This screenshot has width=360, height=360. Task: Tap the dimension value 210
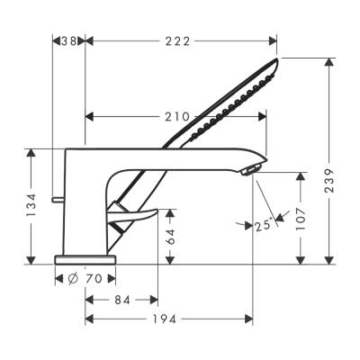(x=177, y=116)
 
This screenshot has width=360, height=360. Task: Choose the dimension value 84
(x=122, y=299)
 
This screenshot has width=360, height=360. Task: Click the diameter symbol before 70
(x=72, y=279)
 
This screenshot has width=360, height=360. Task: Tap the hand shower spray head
(x=234, y=101)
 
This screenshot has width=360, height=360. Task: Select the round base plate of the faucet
(x=85, y=259)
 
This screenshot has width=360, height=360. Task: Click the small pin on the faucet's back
(x=58, y=197)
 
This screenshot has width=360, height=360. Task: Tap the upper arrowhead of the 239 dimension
(x=329, y=58)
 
